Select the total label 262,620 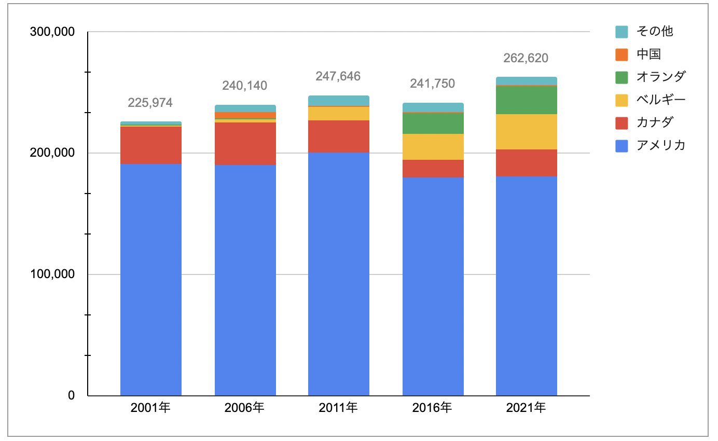[526, 58]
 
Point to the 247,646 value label [338, 77]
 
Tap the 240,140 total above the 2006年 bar [245, 86]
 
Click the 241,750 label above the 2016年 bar [432, 84]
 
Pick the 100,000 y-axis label [50, 274]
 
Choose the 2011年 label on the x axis [338, 408]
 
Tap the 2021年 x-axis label [526, 408]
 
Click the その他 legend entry [654, 31]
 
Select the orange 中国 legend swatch [622, 54]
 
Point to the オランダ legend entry [660, 77]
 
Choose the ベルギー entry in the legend [660, 100]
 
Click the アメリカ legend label [660, 145]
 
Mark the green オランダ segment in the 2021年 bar [526, 100]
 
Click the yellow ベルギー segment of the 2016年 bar [433, 147]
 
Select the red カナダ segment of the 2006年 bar [245, 144]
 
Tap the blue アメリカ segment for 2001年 [150, 280]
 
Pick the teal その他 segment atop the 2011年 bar [338, 101]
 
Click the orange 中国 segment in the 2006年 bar [245, 115]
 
